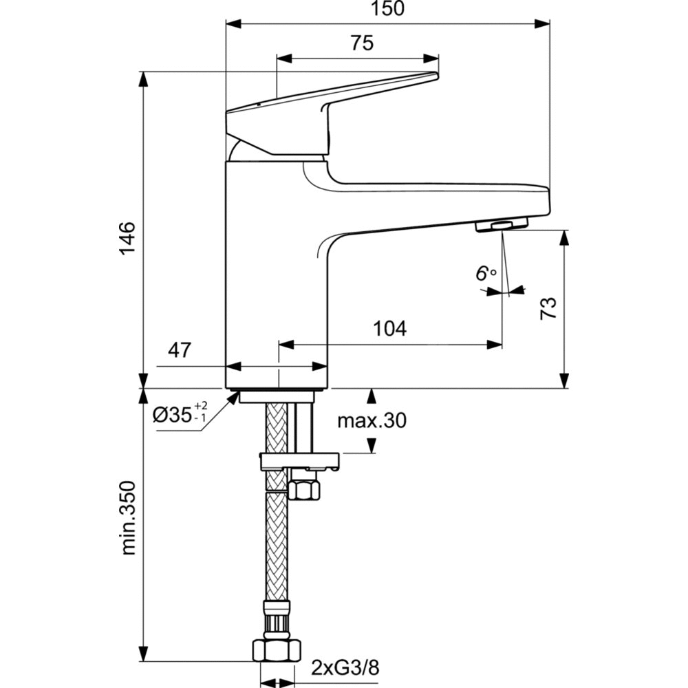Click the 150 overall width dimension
pos(388,10)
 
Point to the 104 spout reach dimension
pos(389,328)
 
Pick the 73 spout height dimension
pos(548,307)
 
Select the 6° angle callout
pos(485,273)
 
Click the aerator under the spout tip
pos(502,224)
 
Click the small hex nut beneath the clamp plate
pos(303,489)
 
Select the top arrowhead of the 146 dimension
pos(144,77)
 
